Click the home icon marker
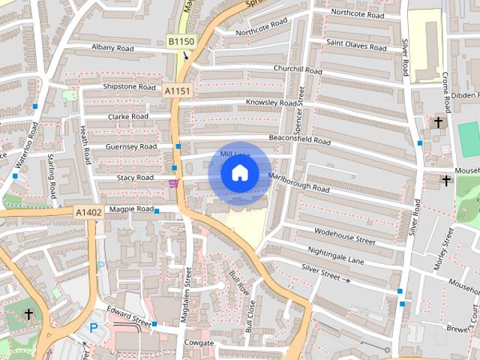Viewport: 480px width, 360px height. pyautogui.click(x=239, y=173)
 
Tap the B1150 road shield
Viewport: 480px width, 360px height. pyautogui.click(x=180, y=42)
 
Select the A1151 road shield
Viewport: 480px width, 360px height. pyautogui.click(x=178, y=91)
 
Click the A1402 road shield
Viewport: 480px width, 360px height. pyautogui.click(x=88, y=213)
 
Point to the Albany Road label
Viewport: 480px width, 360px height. pyautogui.click(x=112, y=48)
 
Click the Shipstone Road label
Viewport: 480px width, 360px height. pyautogui.click(x=129, y=86)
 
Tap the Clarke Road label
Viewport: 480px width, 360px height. pyautogui.click(x=128, y=117)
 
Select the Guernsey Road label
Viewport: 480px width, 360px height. pyautogui.click(x=131, y=147)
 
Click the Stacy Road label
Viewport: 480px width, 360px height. pyautogui.click(x=135, y=178)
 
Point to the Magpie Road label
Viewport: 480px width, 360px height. pyautogui.click(x=131, y=208)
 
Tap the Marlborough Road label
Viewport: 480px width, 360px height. pyautogui.click(x=298, y=184)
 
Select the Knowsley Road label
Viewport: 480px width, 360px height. pyautogui.click(x=271, y=103)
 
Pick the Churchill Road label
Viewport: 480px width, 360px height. pyautogui.click(x=298, y=70)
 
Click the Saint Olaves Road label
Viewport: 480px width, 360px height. pyautogui.click(x=356, y=46)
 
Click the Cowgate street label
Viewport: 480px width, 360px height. pyautogui.click(x=198, y=343)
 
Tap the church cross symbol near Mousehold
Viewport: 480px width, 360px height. pyautogui.click(x=446, y=180)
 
